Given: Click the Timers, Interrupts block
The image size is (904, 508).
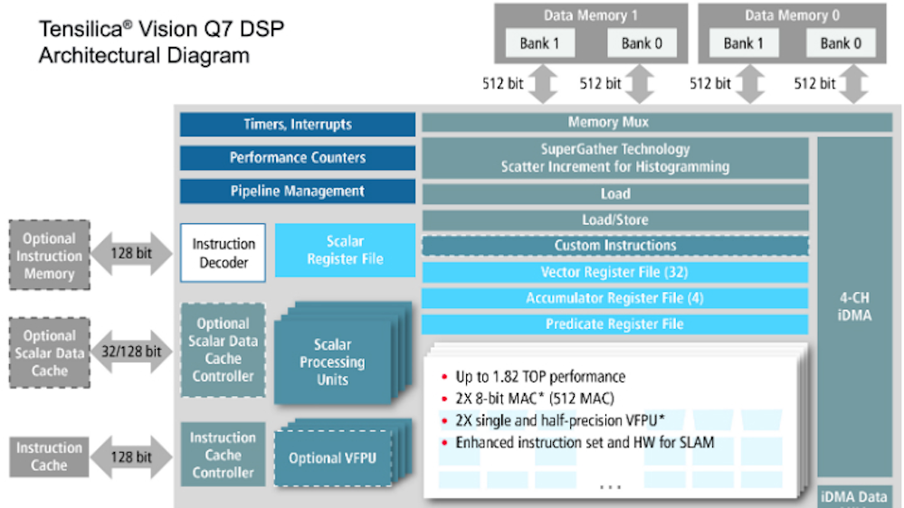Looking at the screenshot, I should tap(297, 125).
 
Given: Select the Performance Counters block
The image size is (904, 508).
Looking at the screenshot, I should tap(297, 158).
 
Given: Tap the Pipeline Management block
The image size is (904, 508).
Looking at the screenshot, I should tap(297, 192).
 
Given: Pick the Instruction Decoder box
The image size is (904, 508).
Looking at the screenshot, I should tap(224, 253).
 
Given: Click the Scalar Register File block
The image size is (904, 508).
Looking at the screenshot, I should tap(345, 250).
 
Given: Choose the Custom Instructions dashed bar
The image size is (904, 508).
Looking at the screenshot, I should tap(614, 246).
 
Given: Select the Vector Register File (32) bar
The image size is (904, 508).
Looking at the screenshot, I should tap(614, 272).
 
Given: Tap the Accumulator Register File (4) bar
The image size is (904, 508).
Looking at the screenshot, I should tap(614, 298).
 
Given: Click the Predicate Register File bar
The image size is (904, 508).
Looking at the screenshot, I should tap(614, 325).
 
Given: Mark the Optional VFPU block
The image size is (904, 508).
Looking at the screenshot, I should tap(332, 458).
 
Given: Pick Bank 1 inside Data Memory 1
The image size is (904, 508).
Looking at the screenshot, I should tap(540, 43).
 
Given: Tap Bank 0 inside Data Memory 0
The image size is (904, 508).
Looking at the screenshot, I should tap(841, 43).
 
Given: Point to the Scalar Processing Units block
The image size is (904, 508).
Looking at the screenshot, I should tap(332, 362).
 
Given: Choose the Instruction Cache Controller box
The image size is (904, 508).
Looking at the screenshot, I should tap(223, 455).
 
